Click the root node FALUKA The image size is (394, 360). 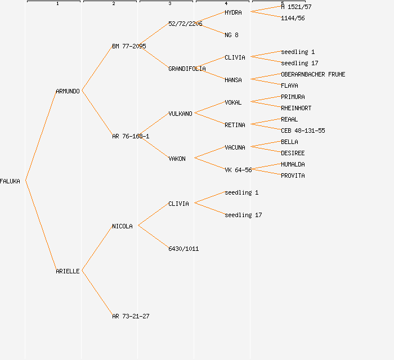pos(10,181)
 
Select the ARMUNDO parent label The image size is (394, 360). pos(68,91)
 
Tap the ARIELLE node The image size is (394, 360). pos(68,271)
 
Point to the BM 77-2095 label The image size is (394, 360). pos(129,46)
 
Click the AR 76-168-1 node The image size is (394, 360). pos(131,136)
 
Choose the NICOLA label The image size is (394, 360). pos(122,226)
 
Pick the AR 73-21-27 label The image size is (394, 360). pos(131,316)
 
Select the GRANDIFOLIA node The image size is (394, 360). pos(187,69)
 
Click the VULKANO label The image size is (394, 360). pos(180,114)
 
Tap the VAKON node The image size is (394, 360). pos(177,159)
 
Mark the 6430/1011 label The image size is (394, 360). pos(183,249)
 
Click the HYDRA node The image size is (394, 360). pos(233,12)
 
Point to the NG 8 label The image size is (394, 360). pos(231,35)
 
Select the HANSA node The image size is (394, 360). pos(233,80)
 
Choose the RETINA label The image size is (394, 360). pos(235,125)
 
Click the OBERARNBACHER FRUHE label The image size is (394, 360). pos(313,74)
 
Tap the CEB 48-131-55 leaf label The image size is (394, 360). pos(303,130)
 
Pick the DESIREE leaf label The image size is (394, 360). pos(293,153)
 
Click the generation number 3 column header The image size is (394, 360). pos(169,4)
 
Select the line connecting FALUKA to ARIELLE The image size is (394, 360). pos(41,226)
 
